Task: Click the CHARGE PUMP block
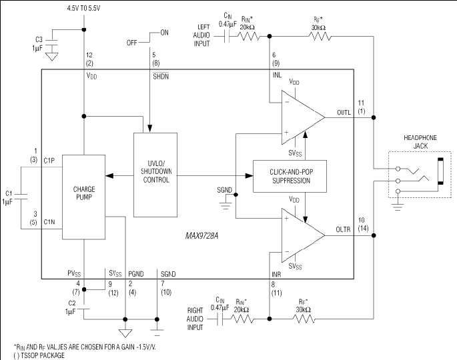click(83, 197)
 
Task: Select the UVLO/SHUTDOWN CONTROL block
click(155, 175)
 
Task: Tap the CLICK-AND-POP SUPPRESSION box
click(290, 176)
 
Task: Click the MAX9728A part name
click(201, 235)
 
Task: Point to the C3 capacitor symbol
click(52, 43)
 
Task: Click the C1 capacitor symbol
click(21, 197)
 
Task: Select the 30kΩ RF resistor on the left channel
click(320, 37)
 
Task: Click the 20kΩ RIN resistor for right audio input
click(242, 319)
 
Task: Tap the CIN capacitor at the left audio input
click(227, 37)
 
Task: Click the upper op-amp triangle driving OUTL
click(303, 117)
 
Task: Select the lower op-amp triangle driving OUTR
click(303, 235)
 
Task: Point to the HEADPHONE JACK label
click(420, 142)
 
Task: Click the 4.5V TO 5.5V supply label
click(83, 9)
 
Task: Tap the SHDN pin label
click(161, 76)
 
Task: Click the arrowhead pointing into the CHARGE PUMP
click(109, 175)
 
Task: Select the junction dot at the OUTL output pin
click(374, 117)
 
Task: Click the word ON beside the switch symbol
click(164, 33)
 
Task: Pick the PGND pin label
click(136, 274)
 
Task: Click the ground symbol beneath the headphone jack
click(398, 207)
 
